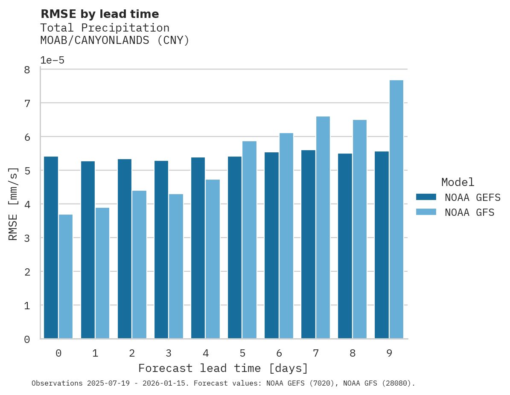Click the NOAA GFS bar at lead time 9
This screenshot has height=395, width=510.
396,209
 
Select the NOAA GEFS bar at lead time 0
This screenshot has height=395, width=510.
51,247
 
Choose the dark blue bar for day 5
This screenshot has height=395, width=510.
235,247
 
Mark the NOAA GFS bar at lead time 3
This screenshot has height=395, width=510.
176,266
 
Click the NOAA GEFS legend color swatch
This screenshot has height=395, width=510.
426,197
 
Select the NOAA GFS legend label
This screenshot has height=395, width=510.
469,212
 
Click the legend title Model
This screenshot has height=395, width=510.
458,183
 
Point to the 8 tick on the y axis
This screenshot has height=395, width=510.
27,70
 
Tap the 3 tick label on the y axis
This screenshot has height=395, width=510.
27,238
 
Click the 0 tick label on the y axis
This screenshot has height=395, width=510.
27,340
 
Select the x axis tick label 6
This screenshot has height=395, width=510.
279,353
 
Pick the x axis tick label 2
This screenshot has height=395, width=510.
132,353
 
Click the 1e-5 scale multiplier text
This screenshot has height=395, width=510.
52,61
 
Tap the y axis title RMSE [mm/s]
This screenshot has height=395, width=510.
13,203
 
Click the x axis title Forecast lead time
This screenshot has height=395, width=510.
223,368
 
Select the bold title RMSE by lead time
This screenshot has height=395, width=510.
99,15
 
